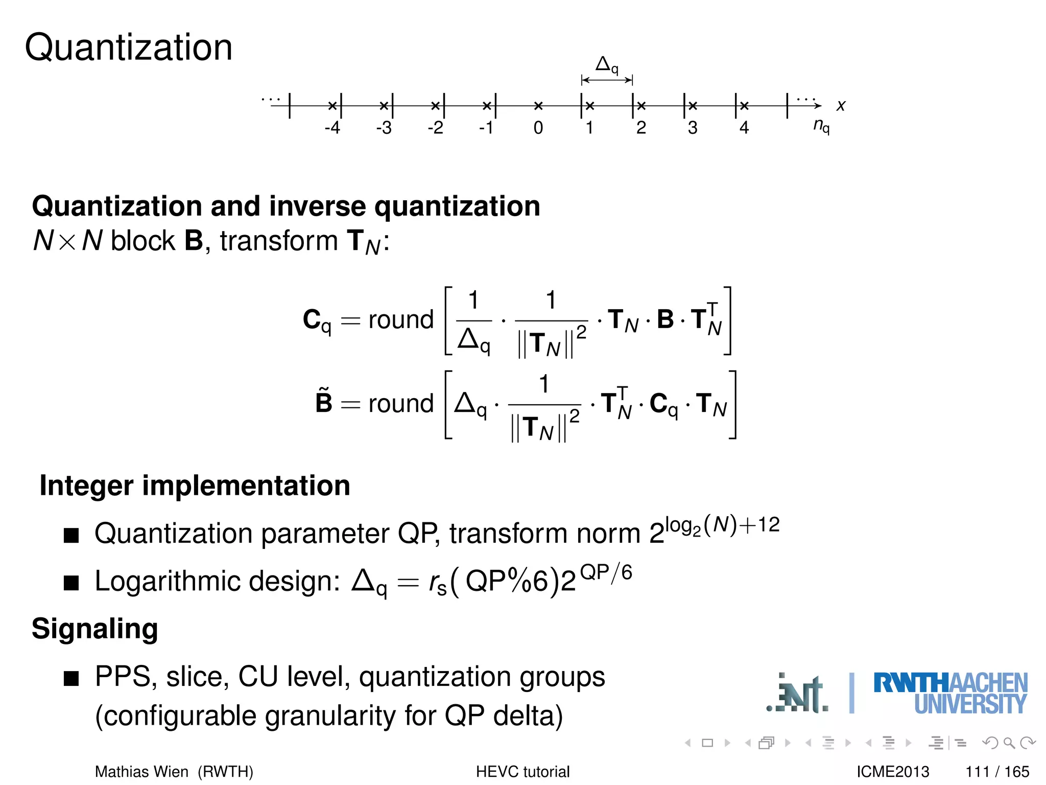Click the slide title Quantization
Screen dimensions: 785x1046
tap(129, 48)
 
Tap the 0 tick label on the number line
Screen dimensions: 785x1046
tap(538, 128)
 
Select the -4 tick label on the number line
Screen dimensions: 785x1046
tap(332, 128)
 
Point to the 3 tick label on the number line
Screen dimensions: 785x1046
tap(692, 128)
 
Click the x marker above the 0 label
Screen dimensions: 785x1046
tap(538, 106)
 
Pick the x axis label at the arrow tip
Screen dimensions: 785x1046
tap(841, 106)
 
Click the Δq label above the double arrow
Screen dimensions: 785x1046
tap(607, 65)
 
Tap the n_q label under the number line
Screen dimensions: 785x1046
tap(821, 126)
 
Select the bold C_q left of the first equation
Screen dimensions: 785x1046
tap(317, 321)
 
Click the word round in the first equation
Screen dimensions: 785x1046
tap(400, 320)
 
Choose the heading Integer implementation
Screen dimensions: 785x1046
tap(195, 486)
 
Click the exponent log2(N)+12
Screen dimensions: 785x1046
tap(723, 525)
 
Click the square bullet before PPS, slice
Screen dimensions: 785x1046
tap(72, 679)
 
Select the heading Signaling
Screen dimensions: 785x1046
tap(95, 629)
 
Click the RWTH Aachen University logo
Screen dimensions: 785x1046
tap(950, 693)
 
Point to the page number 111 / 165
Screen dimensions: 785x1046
tap(997, 772)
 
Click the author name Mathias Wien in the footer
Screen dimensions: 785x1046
tap(141, 772)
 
